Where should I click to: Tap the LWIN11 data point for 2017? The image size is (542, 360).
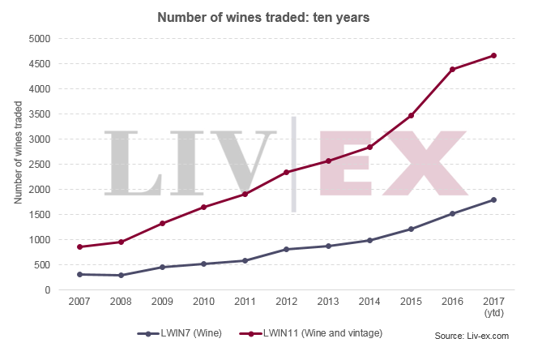coord(493,55)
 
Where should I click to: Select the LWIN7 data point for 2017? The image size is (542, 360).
coord(493,199)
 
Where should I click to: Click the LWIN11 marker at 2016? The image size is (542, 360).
coord(452,70)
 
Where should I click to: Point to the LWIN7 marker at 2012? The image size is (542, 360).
coord(286,249)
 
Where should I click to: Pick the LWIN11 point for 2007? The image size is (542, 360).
coord(79,246)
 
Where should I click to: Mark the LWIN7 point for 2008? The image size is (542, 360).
coord(120,275)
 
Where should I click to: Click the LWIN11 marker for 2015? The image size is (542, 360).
coord(411,116)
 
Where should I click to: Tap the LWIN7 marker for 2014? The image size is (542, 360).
coord(369,240)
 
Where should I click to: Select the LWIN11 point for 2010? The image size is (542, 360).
coord(203,207)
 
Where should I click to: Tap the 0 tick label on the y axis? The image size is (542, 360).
coord(48,289)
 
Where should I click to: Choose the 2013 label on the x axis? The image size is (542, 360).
coord(327,302)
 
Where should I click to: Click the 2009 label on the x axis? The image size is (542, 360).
coord(161,302)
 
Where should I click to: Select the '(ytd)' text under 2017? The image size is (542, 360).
coord(493,312)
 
